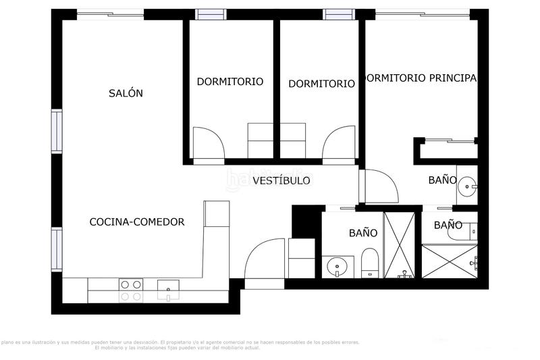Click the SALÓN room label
126,93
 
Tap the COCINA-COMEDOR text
137,222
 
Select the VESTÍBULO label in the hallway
281,180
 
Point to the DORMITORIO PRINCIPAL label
421,78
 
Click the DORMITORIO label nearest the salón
230,82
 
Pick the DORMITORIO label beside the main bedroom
321,84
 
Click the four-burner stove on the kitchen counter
131,290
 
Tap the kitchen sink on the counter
167,290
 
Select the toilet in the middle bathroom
370,263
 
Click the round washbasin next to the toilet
337,267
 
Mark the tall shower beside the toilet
399,245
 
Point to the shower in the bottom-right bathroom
449,261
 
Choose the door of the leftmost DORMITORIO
209,143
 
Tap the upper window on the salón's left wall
57,131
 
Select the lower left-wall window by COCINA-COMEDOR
57,249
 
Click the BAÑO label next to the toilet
362,232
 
